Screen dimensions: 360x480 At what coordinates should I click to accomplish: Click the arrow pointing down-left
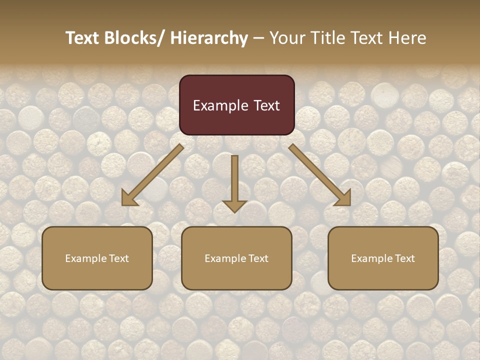[155, 173]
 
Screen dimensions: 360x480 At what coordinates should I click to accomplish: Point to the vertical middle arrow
[234, 180]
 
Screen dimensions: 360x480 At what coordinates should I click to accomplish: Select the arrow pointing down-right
[317, 172]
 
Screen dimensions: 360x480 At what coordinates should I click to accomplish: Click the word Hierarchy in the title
[209, 38]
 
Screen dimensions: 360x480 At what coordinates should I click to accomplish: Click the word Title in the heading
[326, 38]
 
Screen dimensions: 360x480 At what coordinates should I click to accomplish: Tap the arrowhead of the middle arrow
[234, 205]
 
